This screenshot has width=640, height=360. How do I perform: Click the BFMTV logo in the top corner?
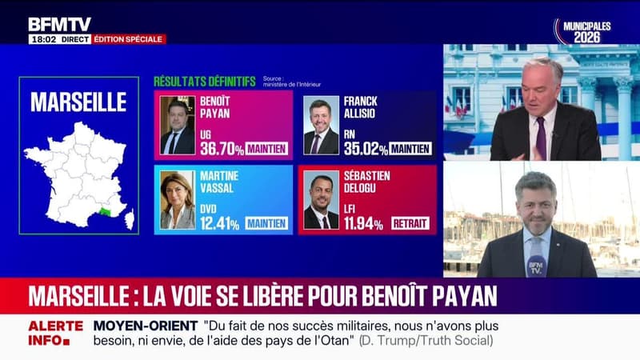[59, 24]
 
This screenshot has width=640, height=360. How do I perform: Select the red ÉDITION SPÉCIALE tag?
[129, 38]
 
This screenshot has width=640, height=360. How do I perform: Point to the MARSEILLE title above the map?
[78, 102]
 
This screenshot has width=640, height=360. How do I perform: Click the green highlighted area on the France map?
[106, 210]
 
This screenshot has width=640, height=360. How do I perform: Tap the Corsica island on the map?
[129, 218]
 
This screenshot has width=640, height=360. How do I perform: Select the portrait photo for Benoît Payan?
[177, 125]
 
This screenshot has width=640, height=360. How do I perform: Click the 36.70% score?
[220, 148]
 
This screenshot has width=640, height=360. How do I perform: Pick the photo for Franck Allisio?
[321, 126]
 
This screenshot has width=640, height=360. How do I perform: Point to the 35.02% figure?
[364, 148]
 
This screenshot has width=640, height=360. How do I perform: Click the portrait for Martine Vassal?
[177, 200]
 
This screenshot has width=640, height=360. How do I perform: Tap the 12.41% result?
[220, 223]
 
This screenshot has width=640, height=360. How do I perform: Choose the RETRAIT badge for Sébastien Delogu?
[410, 223]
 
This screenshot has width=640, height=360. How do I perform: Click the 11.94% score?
[364, 223]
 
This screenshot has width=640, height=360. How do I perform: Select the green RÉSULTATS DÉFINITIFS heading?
[204, 82]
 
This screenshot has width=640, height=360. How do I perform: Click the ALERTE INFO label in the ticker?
[55, 332]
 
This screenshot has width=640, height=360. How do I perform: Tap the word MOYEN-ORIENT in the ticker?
[144, 326]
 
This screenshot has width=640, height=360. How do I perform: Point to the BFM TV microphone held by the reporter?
[535, 264]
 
